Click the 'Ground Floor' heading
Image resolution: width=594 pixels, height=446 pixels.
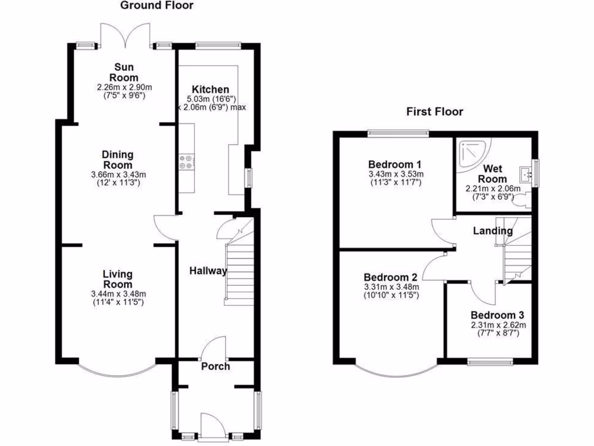click(157, 6)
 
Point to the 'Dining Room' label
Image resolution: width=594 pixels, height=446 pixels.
click(118, 160)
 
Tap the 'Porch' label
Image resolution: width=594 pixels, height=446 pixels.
click(215, 366)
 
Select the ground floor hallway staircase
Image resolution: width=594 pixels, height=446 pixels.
click(239, 273)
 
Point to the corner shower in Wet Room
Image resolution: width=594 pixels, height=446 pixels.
click(472, 154)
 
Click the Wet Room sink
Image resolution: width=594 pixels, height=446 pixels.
click(527, 173)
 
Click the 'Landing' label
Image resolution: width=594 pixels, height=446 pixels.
click(492, 231)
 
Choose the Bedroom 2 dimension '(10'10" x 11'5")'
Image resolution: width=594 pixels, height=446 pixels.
click(391, 295)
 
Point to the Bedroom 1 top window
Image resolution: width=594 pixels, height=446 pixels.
click(398, 133)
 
